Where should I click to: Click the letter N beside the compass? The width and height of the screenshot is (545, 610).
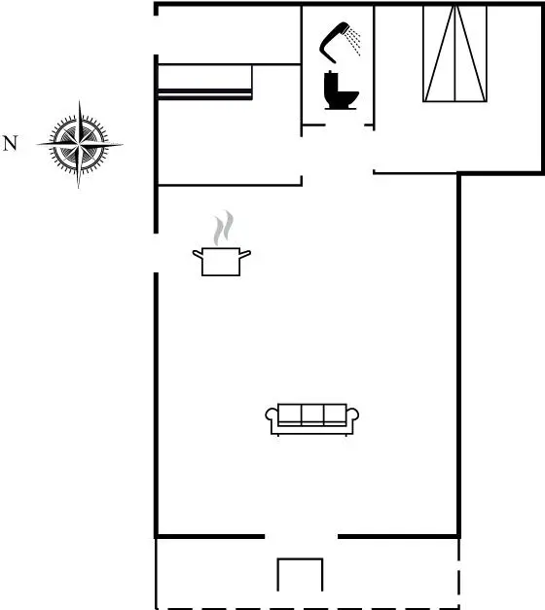click(x=10, y=143)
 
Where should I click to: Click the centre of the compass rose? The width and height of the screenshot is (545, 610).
click(x=80, y=144)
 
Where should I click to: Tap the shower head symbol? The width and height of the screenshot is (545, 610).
click(x=336, y=42)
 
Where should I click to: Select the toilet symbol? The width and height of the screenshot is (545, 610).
click(x=341, y=90)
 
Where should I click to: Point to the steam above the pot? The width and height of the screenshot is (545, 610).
click(x=224, y=228)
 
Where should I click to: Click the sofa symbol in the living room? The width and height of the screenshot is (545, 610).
click(x=311, y=419)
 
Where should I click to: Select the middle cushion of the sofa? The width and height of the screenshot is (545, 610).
click(x=312, y=413)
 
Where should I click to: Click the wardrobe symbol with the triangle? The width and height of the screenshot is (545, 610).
click(x=454, y=54)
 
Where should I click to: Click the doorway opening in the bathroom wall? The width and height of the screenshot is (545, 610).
click(x=345, y=126)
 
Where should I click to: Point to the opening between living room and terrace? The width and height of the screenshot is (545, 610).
click(x=302, y=536)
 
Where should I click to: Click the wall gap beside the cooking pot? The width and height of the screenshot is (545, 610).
click(x=156, y=253)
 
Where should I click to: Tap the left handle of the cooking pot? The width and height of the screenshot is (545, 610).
click(x=198, y=254)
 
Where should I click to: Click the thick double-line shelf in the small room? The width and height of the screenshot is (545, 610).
click(x=204, y=94)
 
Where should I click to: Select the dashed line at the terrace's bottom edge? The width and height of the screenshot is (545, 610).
click(x=308, y=608)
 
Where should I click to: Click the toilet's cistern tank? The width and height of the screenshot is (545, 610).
click(x=331, y=81)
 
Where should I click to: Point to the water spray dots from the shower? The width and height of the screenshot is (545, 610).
click(x=354, y=41)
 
